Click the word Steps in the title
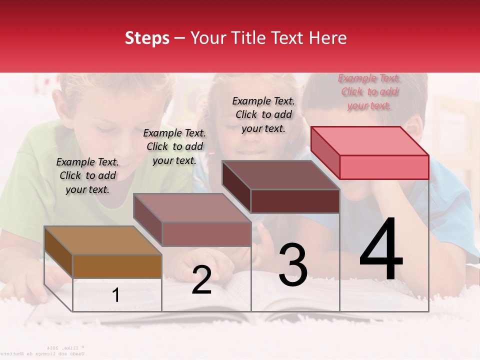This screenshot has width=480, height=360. pyautogui.click(x=147, y=38)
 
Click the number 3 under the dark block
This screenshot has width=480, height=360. pyautogui.click(x=293, y=265)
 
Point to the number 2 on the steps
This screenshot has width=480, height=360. pyautogui.click(x=201, y=280)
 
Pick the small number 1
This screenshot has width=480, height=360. pyautogui.click(x=115, y=295)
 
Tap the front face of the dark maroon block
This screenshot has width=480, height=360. pyautogui.click(x=295, y=201)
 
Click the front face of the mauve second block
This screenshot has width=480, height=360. pyautogui.click(x=206, y=234)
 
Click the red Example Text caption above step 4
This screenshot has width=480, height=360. pyautogui.click(x=369, y=91)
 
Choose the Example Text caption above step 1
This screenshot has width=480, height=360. pyautogui.click(x=87, y=175)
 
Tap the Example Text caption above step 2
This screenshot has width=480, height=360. pyautogui.click(x=174, y=146)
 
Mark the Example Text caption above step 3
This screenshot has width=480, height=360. pyautogui.click(x=263, y=114)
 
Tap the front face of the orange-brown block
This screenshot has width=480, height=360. pyautogui.click(x=117, y=266)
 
